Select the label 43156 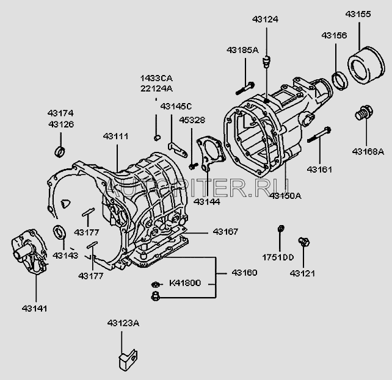point(335,36)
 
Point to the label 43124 point(264,20)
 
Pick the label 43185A point(243,49)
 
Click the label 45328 point(192,120)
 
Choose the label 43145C point(176,106)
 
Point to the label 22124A point(156,88)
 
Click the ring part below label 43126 point(59,151)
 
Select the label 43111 point(115,136)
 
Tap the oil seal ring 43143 point(60,231)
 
